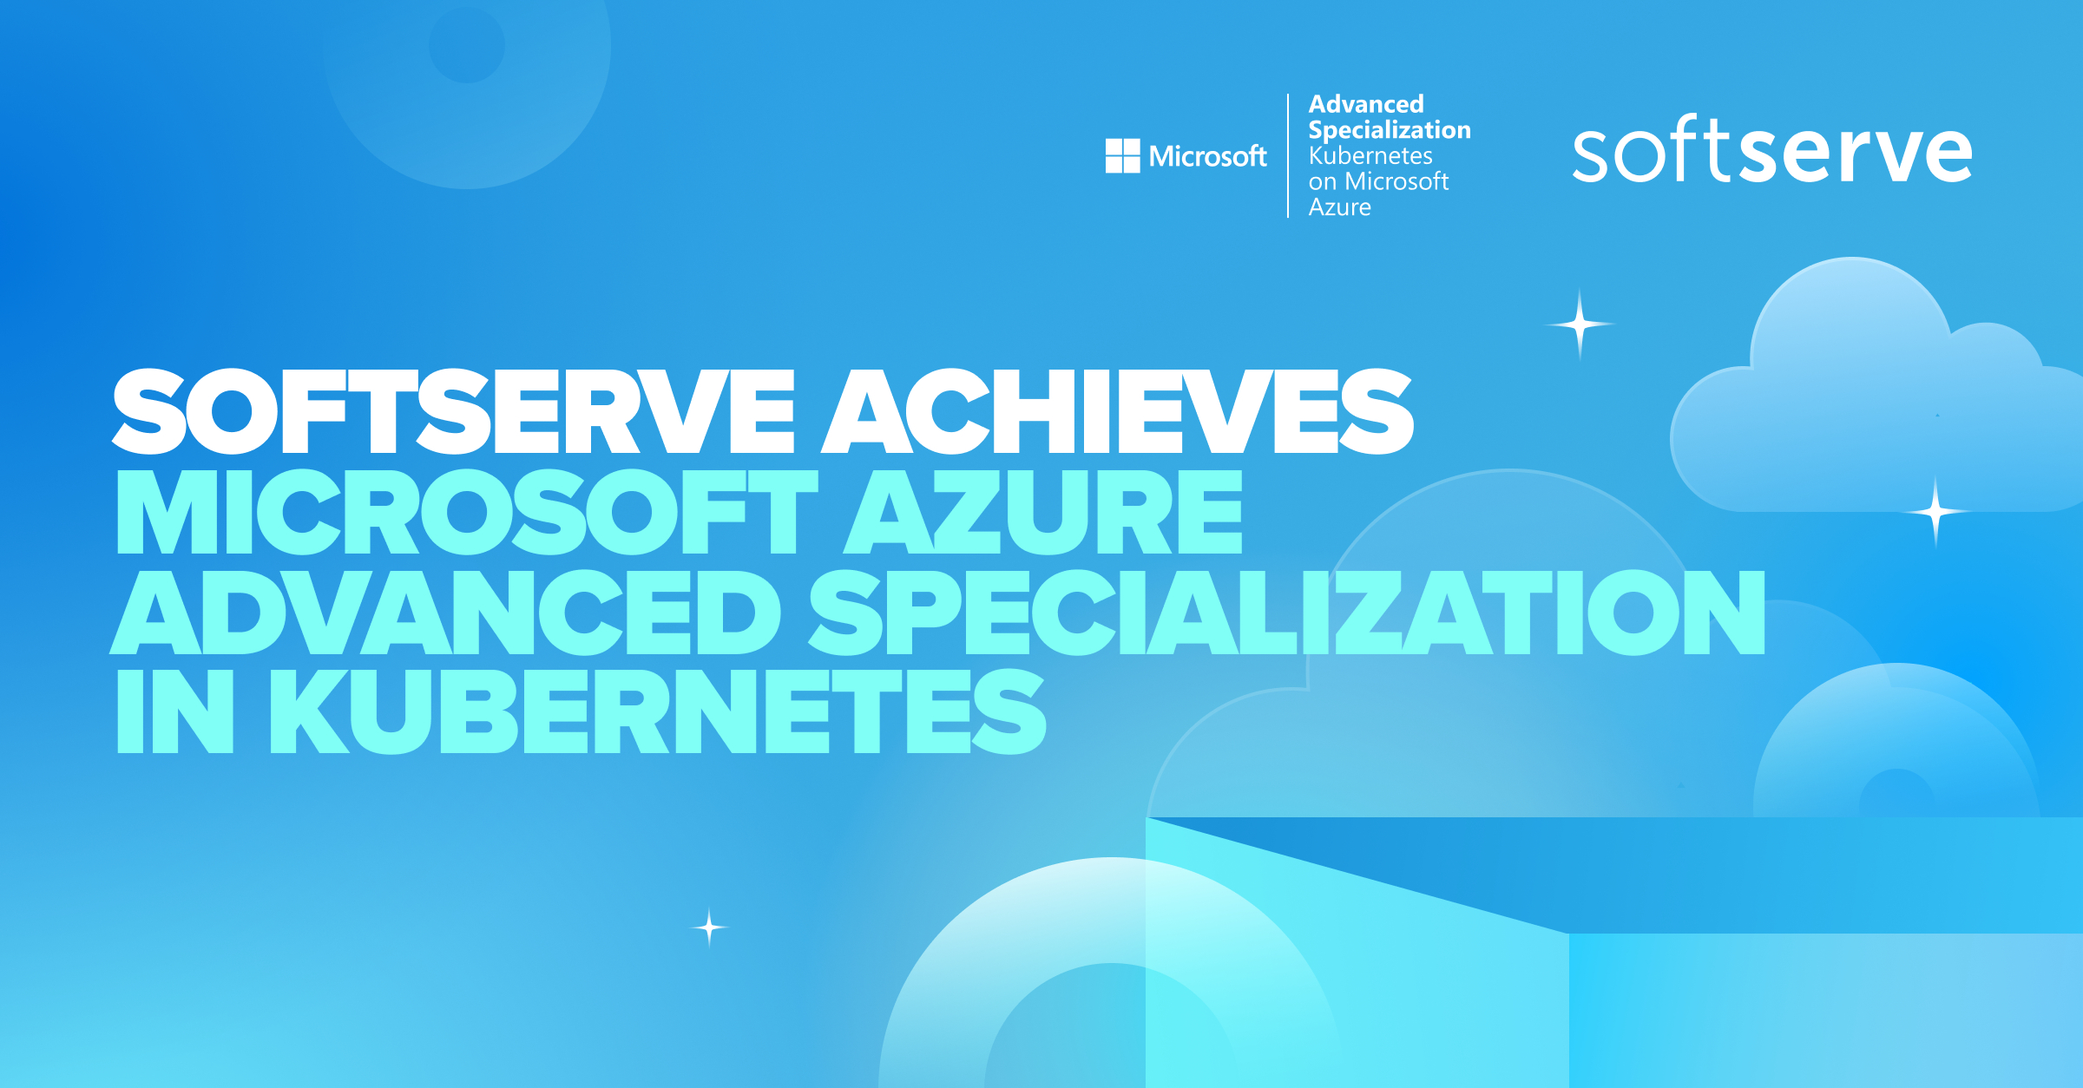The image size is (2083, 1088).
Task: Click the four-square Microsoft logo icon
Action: [x=1122, y=156]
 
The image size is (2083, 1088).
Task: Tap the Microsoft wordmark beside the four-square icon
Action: [x=1207, y=156]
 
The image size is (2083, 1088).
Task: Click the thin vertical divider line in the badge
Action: [x=1288, y=155]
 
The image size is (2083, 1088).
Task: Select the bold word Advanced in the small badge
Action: [x=1366, y=104]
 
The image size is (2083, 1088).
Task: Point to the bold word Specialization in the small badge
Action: [x=1390, y=130]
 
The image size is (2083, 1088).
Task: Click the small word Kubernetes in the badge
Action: [x=1370, y=156]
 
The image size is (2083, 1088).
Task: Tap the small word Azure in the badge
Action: [x=1340, y=207]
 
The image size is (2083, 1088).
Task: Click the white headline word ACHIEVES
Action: [x=1118, y=411]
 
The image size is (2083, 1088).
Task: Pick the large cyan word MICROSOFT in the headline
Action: [x=467, y=512]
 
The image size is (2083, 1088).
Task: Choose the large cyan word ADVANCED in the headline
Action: [x=445, y=613]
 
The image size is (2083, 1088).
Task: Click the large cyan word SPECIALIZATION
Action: [x=1286, y=613]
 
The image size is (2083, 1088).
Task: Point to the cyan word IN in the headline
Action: [x=175, y=711]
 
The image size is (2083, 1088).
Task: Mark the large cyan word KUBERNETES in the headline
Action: [x=658, y=711]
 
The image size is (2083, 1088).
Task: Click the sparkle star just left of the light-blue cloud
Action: [x=1580, y=324]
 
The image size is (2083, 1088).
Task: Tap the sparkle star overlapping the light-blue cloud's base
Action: [x=1935, y=512]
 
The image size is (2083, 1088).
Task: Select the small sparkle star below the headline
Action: [x=709, y=927]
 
